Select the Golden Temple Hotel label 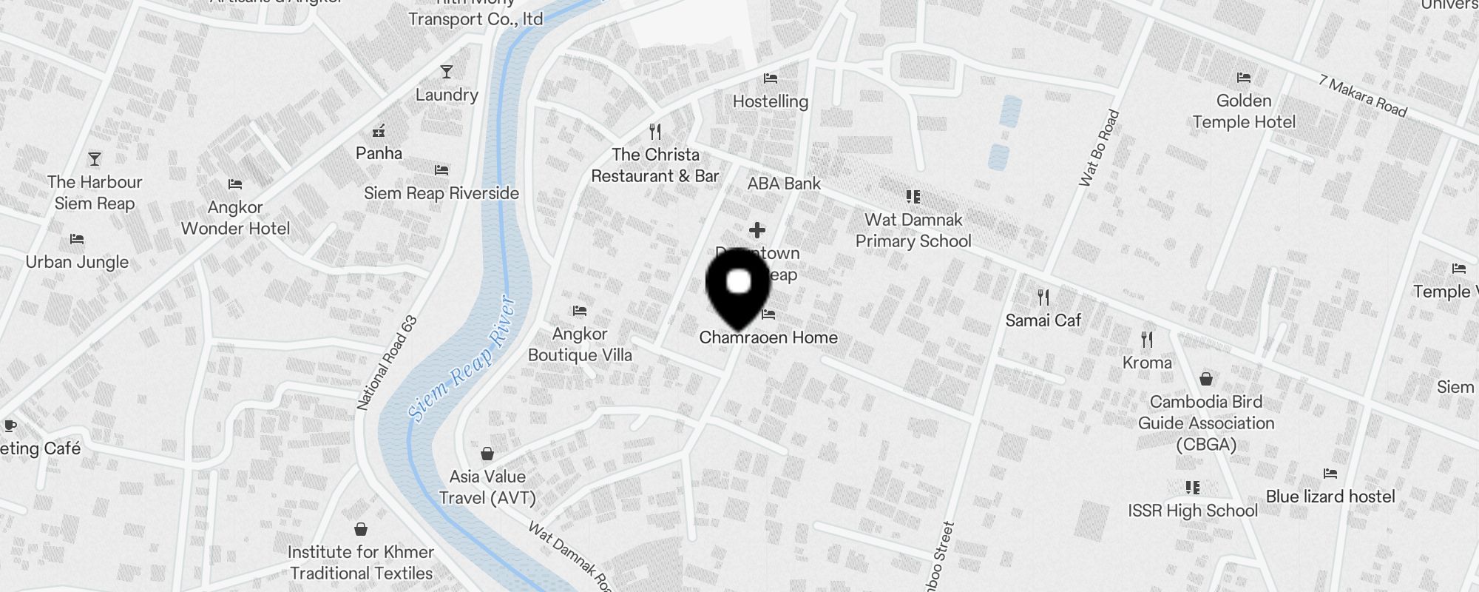pos(1244,111)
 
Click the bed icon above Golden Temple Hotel pos(1243,78)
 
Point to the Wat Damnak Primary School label pos(913,230)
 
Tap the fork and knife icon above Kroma pos(1147,340)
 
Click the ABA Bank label pos(784,184)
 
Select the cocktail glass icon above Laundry pos(446,72)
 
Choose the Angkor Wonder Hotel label pos(235,218)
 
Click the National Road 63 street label pos(387,363)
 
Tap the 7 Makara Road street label pos(1362,96)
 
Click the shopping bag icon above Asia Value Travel pos(487,453)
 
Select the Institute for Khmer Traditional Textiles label pos(361,562)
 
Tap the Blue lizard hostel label pos(1330,497)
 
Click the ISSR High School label pos(1192,511)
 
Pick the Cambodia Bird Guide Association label pos(1206,423)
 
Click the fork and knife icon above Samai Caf pos(1043,297)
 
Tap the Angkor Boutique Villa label pos(580,344)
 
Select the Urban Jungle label pos(77,262)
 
